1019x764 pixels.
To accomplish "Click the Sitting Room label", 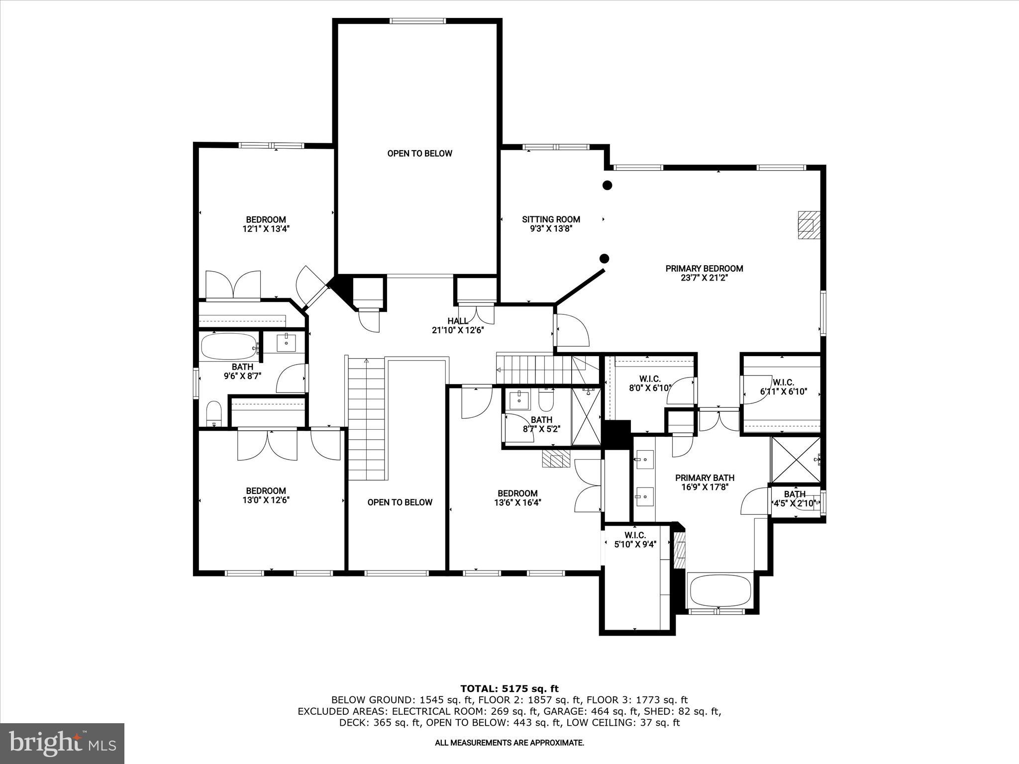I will point(551,219).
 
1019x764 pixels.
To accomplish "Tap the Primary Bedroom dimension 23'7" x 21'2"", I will point(704,278).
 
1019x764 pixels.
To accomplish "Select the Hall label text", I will point(457,321).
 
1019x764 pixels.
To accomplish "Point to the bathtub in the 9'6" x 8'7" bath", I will point(228,346).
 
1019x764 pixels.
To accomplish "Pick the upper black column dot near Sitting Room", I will point(607,185).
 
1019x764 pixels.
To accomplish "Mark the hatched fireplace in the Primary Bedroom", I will point(808,226).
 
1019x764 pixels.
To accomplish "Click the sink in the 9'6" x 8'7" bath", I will point(286,343).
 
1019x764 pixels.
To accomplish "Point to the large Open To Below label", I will point(419,153).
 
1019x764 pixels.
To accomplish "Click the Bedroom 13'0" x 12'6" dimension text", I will point(266,500).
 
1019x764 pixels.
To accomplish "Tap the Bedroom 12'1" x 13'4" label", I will point(266,220).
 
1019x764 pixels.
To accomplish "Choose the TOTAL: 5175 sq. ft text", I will point(509,689).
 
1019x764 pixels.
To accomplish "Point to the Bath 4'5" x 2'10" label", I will point(795,494).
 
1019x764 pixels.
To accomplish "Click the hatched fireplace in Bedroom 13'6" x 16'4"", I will point(556,459).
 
